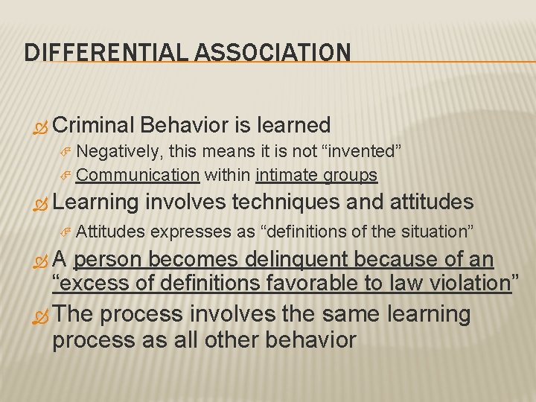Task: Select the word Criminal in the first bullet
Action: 95,125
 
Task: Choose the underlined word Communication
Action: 137,175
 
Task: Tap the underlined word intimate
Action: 287,175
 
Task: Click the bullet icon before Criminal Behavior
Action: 42,126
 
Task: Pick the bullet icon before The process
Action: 42,316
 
